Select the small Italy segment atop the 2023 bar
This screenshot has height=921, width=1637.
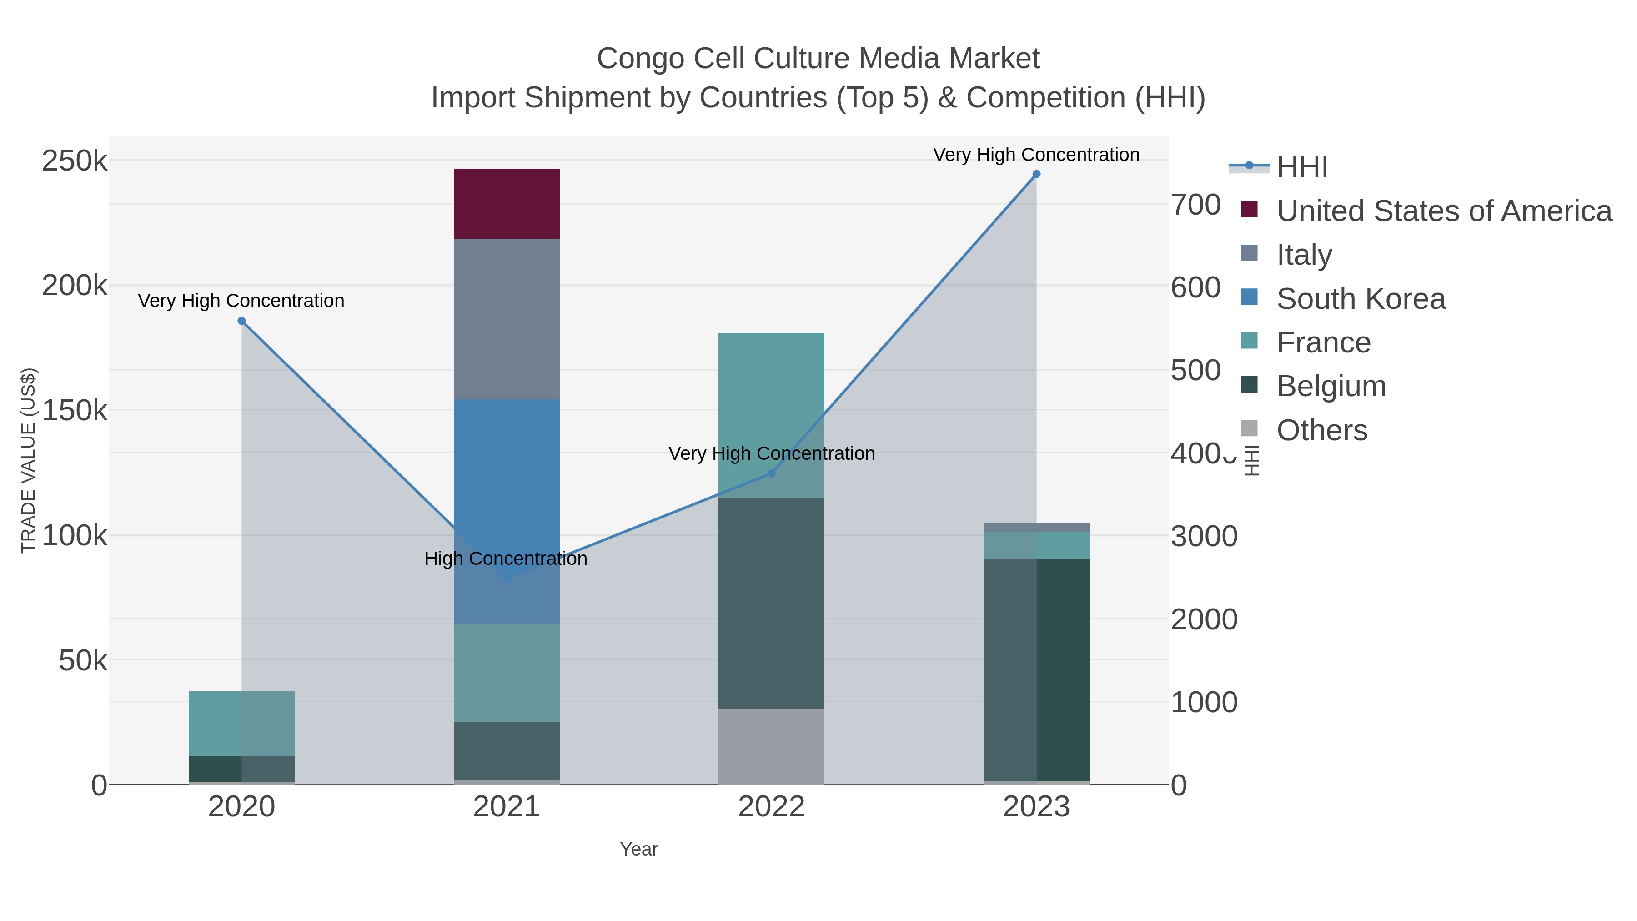1036,527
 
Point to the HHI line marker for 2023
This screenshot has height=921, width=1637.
1036,174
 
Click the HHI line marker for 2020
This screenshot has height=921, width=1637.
241,321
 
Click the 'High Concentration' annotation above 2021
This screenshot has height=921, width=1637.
506,559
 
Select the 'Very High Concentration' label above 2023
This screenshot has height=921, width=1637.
1036,155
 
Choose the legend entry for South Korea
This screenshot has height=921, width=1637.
1361,299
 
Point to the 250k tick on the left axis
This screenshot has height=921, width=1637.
75,161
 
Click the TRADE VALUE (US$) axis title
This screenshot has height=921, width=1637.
29,460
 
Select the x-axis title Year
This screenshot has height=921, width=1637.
639,849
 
